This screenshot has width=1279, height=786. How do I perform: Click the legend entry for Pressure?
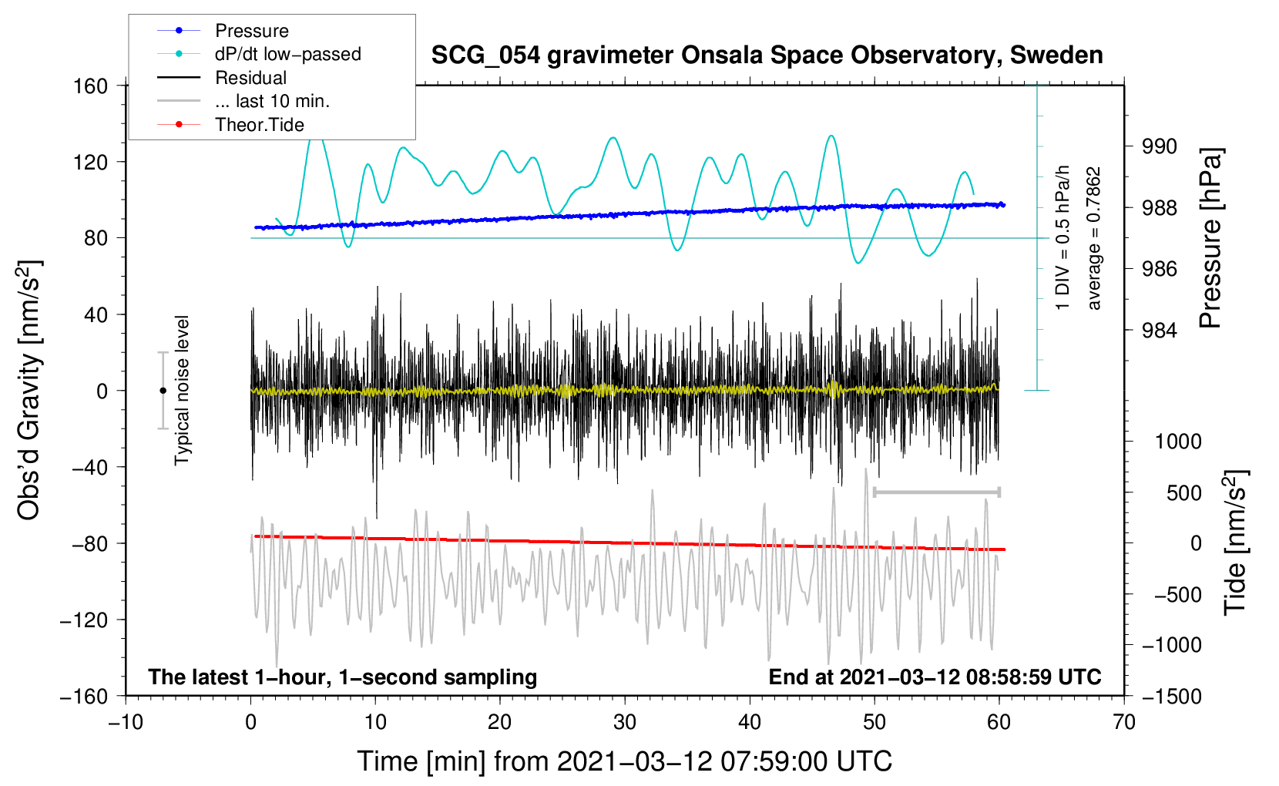[251, 31]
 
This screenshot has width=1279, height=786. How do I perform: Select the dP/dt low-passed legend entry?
[287, 54]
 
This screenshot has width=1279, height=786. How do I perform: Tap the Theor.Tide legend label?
[259, 125]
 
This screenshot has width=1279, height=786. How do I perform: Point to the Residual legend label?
[250, 78]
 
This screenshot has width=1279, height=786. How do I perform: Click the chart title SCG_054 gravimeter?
[767, 55]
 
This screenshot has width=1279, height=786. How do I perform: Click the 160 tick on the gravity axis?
[91, 86]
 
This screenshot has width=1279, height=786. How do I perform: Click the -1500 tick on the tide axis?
[1171, 696]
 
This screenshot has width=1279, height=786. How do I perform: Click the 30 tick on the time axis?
[625, 722]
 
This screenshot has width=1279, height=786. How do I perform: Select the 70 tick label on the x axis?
[1124, 722]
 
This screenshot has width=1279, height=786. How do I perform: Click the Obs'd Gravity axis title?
[29, 390]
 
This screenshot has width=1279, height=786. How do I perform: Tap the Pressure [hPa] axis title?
[1210, 238]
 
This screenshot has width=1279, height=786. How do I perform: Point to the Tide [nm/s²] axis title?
[1235, 542]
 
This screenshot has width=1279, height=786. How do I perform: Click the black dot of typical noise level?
[163, 391]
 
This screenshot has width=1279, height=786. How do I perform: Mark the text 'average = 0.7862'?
[1093, 239]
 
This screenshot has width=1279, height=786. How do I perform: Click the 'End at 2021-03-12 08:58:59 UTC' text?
[935, 677]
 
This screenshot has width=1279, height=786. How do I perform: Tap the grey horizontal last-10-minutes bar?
[936, 492]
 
